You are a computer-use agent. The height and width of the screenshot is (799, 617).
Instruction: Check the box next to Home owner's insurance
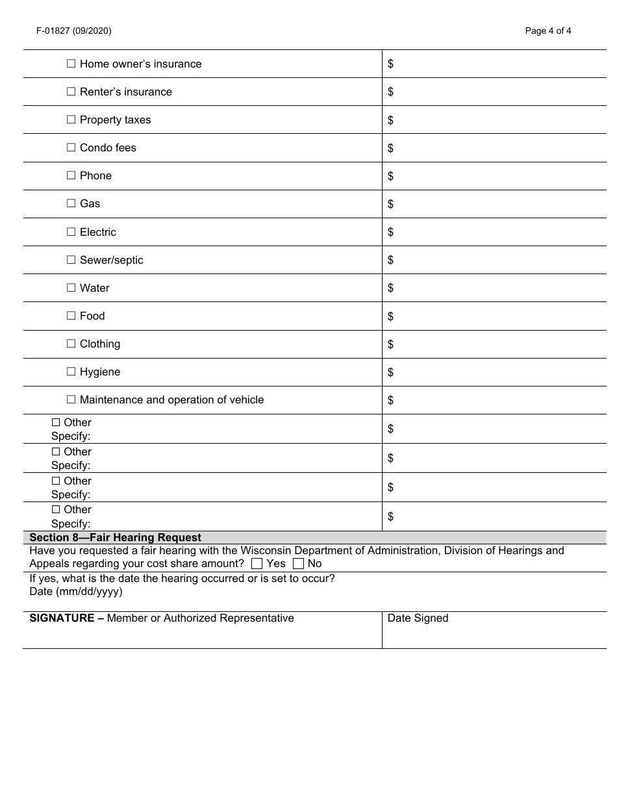71,64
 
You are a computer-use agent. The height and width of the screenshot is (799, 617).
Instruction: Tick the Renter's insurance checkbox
71,92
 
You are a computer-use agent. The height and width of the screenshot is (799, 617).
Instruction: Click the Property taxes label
115,120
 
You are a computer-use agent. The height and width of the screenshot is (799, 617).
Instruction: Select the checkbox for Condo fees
71,147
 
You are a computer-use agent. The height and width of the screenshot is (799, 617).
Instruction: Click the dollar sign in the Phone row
390,176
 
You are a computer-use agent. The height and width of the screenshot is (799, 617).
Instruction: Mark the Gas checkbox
71,203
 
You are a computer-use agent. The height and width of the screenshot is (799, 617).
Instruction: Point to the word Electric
97,232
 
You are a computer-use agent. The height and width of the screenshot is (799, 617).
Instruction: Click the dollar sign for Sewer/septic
390,260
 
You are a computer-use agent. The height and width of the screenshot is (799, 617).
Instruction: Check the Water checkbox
71,288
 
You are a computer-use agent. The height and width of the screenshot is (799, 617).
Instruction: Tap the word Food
92,316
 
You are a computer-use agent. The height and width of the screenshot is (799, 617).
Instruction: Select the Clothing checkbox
71,344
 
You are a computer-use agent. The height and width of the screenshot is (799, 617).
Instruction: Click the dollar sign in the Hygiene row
390,372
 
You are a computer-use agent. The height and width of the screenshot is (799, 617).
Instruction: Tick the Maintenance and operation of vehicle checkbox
71,399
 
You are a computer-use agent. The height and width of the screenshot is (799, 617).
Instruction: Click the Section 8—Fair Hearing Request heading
116,538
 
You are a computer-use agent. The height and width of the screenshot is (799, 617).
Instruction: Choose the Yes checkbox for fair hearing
257,564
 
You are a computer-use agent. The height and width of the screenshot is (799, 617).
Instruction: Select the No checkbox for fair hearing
299,564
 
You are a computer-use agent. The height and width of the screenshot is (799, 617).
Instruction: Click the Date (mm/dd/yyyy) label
76,591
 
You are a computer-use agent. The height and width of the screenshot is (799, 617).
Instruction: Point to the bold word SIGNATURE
62,618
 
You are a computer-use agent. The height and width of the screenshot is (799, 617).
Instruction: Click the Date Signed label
418,618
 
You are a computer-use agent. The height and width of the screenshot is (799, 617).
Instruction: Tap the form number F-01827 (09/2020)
64,31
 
